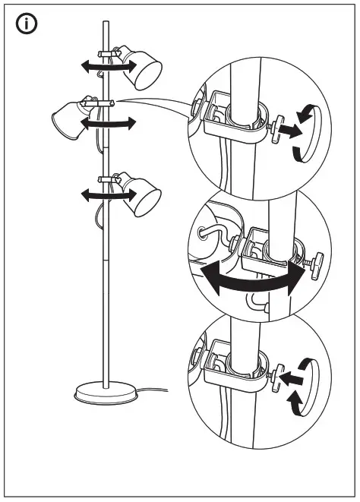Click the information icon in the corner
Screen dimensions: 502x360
click(27, 24)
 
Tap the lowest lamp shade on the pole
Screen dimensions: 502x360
click(142, 197)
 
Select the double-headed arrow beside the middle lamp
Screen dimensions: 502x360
click(111, 122)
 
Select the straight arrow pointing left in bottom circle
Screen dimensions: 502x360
click(292, 374)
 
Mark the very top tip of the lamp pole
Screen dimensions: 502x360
click(106, 24)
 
